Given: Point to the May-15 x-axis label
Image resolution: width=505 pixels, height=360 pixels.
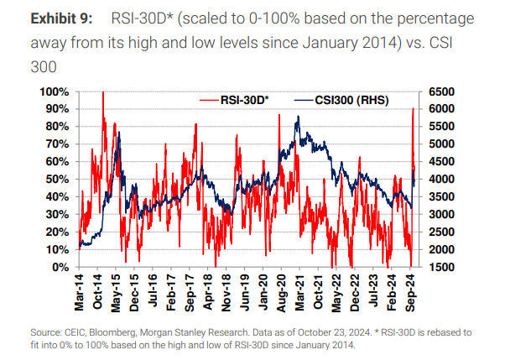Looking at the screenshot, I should click(x=118, y=288).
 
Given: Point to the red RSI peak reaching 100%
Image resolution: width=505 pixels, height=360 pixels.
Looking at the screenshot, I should click(x=102, y=92).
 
